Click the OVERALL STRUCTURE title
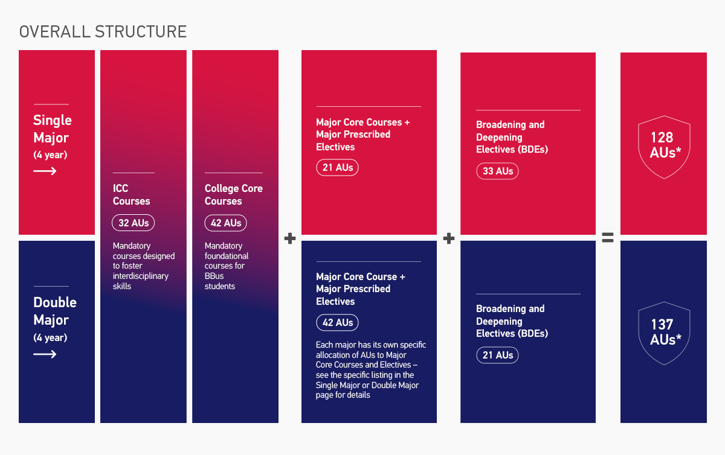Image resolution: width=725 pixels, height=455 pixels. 103,31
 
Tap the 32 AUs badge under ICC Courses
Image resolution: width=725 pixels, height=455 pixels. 134,223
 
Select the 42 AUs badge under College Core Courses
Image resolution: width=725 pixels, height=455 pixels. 225,223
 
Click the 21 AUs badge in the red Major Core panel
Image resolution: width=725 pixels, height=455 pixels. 337,167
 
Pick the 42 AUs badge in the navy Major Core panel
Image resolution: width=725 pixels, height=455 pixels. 337,322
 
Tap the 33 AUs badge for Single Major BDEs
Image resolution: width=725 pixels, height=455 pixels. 497,171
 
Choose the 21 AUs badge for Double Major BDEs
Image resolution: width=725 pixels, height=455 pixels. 497,355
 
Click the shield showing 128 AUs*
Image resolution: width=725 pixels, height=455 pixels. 664,147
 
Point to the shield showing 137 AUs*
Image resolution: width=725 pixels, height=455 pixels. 664,332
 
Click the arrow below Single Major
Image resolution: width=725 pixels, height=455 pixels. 45,171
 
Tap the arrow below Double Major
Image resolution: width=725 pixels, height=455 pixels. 45,354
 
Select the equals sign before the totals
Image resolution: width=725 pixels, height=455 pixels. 608,238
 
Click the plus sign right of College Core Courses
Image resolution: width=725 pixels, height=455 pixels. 290,238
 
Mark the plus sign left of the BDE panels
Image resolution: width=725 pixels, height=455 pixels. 448,238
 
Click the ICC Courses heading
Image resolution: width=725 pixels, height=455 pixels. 131,195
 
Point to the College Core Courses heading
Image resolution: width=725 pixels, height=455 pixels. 233,195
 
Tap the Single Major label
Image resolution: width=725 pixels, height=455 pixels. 52,129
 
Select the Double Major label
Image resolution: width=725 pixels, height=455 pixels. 55,311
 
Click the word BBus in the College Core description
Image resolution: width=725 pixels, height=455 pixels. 214,276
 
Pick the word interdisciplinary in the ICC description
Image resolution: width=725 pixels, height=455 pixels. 141,276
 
